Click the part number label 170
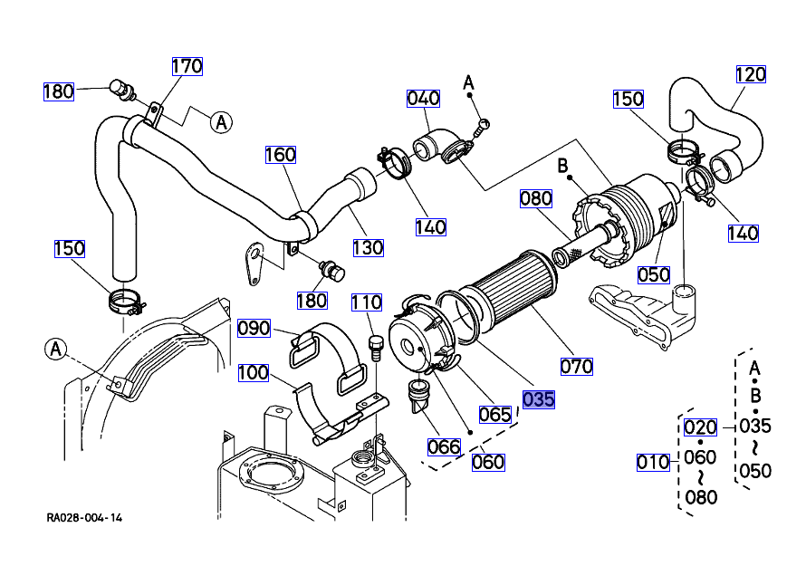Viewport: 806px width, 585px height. pos(187,66)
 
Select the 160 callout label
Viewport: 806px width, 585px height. pos(281,155)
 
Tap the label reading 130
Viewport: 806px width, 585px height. pos(369,247)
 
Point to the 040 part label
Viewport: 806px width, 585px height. pos(423,98)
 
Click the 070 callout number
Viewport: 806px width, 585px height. pos(577,366)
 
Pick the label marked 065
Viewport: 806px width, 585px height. pos(495,414)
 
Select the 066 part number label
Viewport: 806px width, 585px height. pos(445,446)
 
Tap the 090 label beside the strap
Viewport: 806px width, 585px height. pos(254,328)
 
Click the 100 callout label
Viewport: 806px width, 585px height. pos(254,372)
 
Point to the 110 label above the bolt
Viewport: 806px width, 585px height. pos(367,302)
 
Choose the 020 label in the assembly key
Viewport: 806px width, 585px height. pos(700,427)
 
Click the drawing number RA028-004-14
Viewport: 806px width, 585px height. pos(85,518)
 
